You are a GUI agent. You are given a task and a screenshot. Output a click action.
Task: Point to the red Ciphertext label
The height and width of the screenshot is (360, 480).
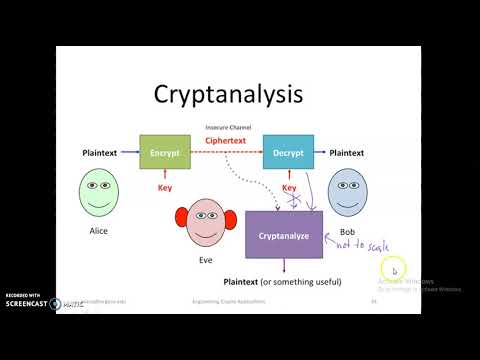(x=225, y=140)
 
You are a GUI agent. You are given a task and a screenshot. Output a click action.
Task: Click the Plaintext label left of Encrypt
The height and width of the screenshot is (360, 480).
(x=102, y=153)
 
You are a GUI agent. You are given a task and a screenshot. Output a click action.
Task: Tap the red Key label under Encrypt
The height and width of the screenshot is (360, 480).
(x=165, y=187)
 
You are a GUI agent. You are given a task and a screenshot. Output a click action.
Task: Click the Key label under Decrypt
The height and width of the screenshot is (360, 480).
(x=289, y=187)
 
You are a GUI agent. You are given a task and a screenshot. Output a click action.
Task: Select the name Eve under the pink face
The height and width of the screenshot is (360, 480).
(x=207, y=259)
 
